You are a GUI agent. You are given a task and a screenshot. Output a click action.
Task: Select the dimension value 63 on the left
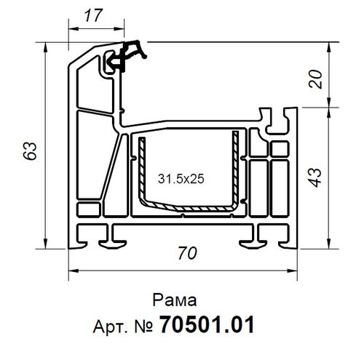(x=29, y=151)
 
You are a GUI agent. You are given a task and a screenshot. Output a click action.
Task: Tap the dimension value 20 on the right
(x=316, y=79)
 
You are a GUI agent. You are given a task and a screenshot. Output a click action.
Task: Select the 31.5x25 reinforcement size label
(x=180, y=177)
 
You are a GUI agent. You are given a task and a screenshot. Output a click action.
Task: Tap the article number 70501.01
(x=207, y=324)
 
